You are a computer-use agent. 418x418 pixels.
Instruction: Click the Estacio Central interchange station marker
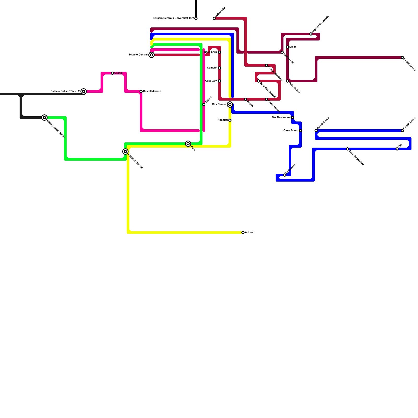[x=152, y=55]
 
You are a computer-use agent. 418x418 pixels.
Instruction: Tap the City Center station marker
[x=230, y=104]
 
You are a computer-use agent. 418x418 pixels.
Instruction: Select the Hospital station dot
[x=230, y=120]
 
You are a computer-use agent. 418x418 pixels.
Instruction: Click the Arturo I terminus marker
[x=243, y=233]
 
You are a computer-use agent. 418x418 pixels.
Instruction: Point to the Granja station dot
[x=112, y=73]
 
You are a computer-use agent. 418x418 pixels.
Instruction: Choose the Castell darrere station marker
[x=141, y=91]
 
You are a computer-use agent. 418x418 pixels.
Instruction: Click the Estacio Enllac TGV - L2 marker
[x=84, y=91]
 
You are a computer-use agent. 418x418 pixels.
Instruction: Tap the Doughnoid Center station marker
[x=45, y=118]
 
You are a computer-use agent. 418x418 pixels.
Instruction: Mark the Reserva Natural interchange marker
[x=125, y=152]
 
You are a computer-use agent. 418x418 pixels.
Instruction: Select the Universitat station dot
[x=214, y=18]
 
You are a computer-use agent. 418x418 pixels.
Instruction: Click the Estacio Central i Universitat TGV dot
[x=196, y=18]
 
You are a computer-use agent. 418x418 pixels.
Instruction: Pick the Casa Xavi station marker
[x=219, y=81]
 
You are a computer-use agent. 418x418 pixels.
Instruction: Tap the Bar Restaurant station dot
[x=293, y=118]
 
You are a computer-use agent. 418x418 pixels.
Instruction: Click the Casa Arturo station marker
[x=300, y=131]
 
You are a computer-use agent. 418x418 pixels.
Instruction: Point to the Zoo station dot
[x=397, y=149]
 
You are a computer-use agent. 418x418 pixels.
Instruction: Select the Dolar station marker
[x=287, y=47]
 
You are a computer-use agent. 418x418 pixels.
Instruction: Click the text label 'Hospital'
[x=223, y=120]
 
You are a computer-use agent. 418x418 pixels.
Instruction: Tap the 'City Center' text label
[x=219, y=104]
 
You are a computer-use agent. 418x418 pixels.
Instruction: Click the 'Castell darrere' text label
[x=152, y=91]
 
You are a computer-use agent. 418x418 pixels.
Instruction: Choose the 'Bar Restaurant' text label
[x=281, y=118]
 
